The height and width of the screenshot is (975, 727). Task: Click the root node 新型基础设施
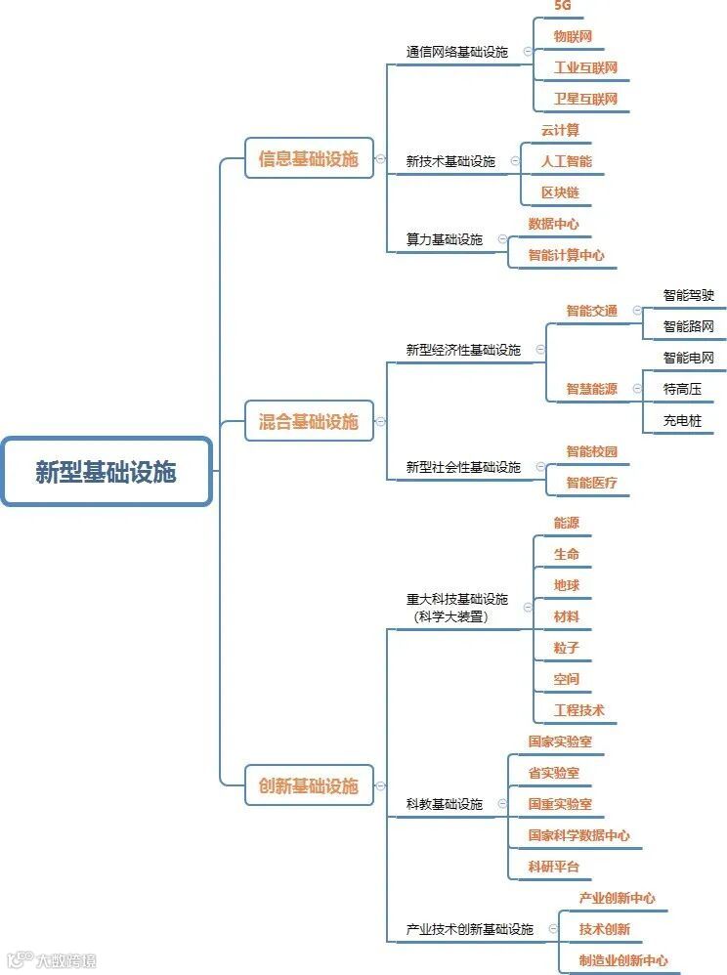click(x=106, y=472)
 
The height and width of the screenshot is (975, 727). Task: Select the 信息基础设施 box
click(x=309, y=158)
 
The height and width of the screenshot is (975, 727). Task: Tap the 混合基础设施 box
click(x=309, y=421)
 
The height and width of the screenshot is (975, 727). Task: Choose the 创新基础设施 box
click(x=309, y=785)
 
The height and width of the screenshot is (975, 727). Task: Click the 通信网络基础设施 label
click(x=457, y=52)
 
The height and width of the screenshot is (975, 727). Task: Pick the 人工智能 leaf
click(x=567, y=161)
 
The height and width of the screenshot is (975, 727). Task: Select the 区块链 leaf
click(x=560, y=192)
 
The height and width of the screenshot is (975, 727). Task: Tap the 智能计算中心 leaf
click(x=567, y=255)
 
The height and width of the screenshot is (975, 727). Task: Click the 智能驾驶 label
click(x=688, y=295)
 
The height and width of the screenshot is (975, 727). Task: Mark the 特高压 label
click(x=682, y=389)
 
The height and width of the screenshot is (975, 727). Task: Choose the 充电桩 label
click(x=682, y=421)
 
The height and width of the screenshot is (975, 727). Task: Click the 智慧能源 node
click(x=592, y=389)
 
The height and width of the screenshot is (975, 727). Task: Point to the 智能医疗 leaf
click(x=592, y=483)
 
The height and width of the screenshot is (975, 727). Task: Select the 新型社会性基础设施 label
click(x=463, y=467)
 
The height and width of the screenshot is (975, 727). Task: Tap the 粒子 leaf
click(x=567, y=648)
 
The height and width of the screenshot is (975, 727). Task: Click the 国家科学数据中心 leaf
click(x=579, y=835)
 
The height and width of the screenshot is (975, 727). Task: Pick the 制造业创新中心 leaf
click(x=623, y=960)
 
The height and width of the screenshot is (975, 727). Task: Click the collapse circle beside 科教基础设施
click(x=501, y=804)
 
